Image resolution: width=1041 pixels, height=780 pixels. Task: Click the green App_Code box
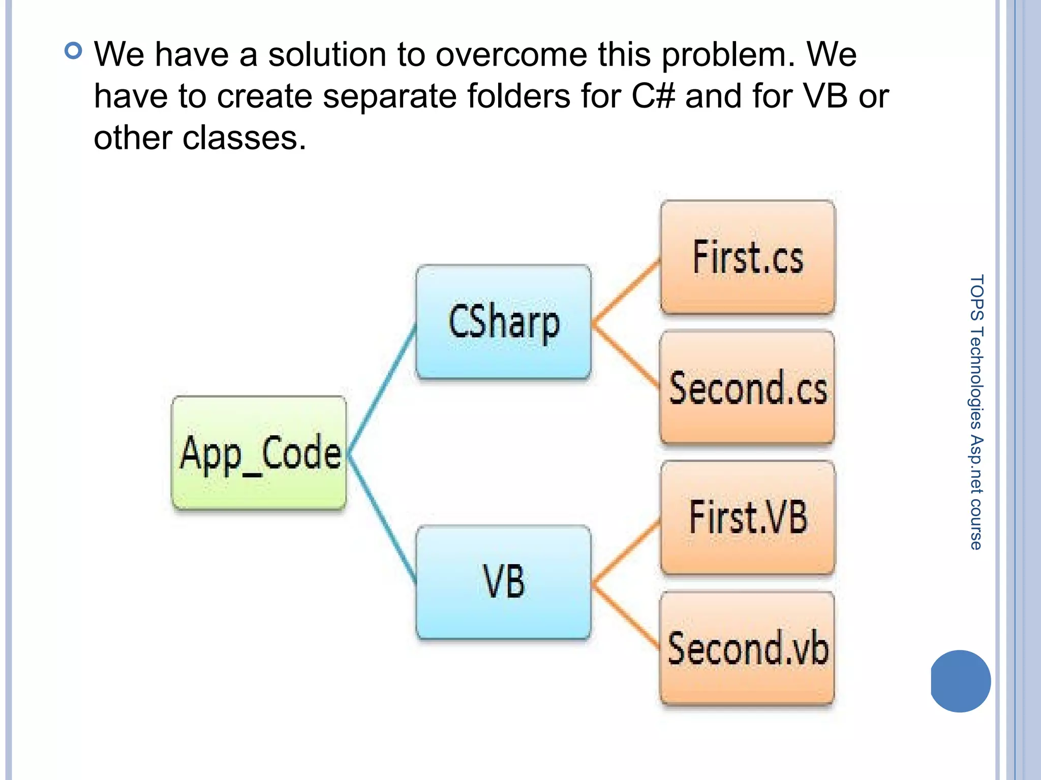tap(259, 453)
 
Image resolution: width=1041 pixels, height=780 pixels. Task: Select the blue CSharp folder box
tap(503, 322)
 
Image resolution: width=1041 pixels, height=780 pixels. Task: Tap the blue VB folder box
tap(503, 582)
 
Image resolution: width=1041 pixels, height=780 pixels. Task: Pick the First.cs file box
tap(748, 257)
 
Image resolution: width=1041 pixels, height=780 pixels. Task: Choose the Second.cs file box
tap(747, 388)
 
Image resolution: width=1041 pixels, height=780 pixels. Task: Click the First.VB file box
tap(748, 517)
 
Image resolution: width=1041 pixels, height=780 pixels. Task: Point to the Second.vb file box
tap(747, 648)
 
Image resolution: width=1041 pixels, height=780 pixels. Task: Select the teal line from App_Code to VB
tap(382, 518)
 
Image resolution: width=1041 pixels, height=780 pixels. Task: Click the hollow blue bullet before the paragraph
tap(74, 51)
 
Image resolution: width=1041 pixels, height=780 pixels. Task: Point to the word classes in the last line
tap(244, 138)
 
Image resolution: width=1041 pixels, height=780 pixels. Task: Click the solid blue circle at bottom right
tap(961, 680)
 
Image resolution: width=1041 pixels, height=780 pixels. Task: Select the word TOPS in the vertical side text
tap(976, 298)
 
